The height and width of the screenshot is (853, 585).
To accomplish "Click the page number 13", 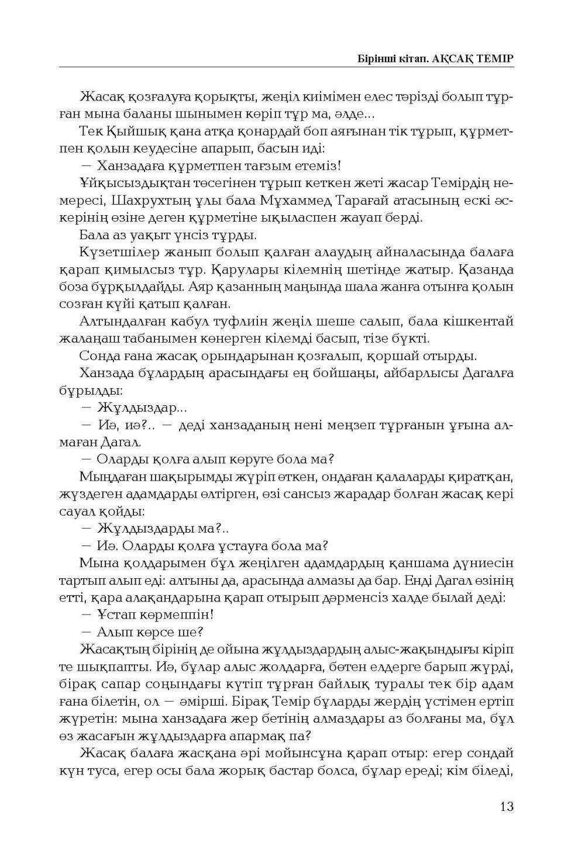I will [507, 806].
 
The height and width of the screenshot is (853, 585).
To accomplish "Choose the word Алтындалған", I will [120, 321].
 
